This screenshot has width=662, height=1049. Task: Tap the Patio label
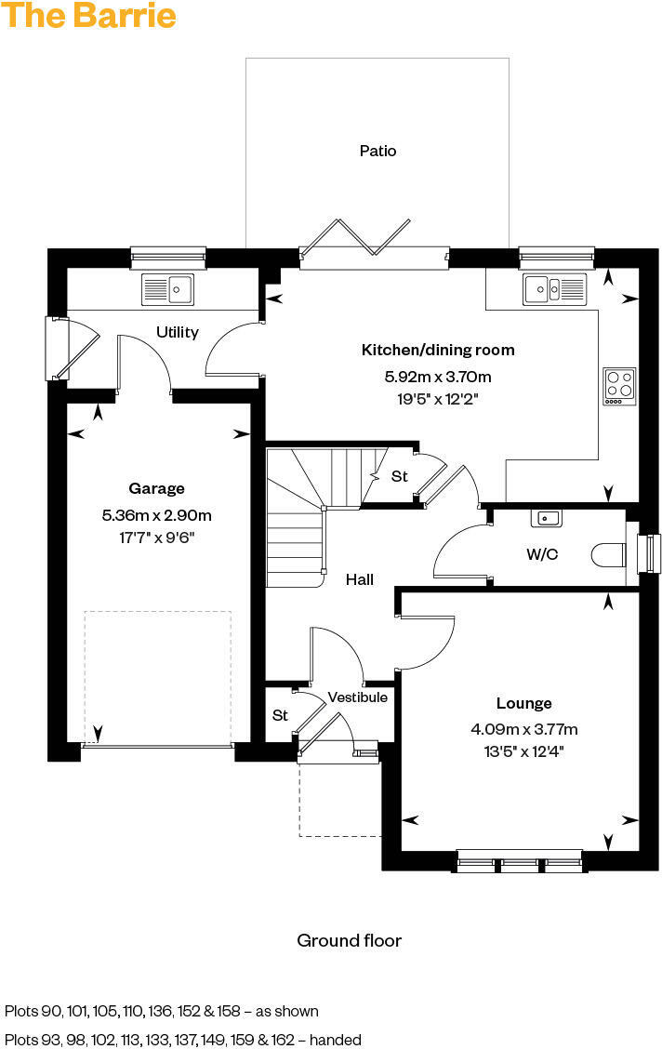377,151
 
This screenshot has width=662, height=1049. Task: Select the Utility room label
177,332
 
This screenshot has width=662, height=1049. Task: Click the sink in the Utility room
167,289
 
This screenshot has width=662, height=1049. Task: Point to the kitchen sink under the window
553,289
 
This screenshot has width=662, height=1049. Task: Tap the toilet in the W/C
608,555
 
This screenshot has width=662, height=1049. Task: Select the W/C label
542,555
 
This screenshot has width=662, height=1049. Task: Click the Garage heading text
156,488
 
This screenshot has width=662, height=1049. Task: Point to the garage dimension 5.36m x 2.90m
156,514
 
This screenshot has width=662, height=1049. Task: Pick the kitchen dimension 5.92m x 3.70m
437,377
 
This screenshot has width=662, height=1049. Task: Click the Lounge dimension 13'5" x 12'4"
523,750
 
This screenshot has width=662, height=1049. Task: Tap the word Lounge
523,704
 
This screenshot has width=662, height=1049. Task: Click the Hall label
360,579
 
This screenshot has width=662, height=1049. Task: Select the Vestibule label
357,697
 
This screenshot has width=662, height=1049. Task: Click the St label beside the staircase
399,476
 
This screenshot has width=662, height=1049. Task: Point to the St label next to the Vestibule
280,716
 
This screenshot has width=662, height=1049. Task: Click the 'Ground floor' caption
349,941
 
